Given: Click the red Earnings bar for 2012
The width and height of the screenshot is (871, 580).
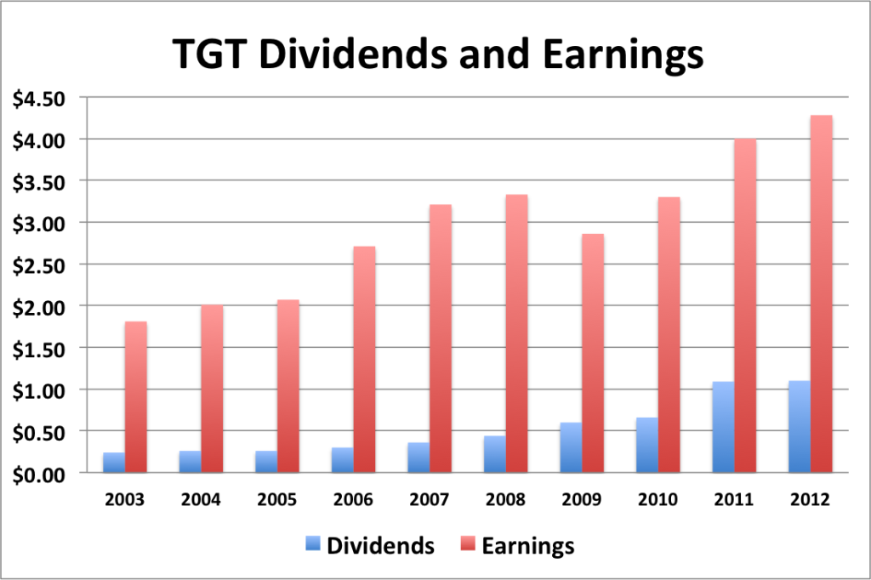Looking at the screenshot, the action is (821, 294).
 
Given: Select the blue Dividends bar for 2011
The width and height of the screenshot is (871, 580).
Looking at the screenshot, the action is (723, 427).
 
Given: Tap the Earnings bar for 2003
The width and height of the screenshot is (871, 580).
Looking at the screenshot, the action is (135, 397).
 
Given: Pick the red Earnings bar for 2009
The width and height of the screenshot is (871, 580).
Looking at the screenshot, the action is (593, 353).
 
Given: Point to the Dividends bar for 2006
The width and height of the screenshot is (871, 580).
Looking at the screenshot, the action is (342, 460).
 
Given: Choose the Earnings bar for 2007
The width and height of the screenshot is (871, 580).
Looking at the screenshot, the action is (441, 338).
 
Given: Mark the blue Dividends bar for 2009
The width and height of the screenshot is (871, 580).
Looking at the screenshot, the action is (571, 448).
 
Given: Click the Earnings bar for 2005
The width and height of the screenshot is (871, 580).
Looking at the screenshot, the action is (288, 386).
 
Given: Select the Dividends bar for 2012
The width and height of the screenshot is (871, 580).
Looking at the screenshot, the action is (800, 427).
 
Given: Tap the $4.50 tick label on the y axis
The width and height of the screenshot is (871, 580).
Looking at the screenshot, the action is (39, 100).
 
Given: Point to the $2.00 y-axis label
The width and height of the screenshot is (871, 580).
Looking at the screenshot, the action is (39, 307).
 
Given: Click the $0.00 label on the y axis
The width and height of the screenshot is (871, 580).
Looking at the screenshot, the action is (39, 475).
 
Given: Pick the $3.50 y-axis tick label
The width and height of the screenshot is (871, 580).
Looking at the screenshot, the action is (39, 182).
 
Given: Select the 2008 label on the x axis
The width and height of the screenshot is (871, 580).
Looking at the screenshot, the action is (505, 499).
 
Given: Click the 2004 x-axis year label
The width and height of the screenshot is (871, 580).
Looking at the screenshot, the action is (201, 499).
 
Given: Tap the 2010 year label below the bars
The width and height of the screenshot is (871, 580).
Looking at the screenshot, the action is (658, 499).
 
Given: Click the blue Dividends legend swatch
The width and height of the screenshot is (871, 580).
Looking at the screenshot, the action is (313, 543).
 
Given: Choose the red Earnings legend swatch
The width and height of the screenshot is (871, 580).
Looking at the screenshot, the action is (469, 543).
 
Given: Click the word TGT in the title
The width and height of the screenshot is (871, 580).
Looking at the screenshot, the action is (209, 54).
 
